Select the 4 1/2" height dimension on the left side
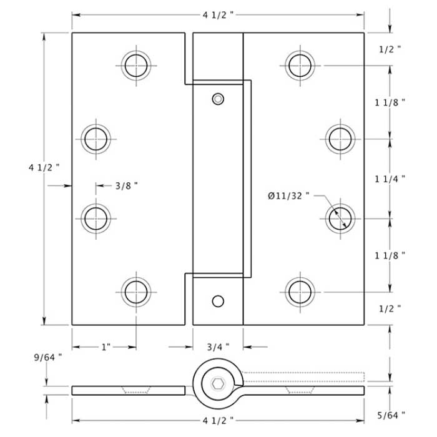click(44, 167)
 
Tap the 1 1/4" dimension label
click(391, 179)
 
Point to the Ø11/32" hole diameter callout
click(289, 196)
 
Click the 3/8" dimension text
click(126, 185)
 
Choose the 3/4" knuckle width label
click(218, 346)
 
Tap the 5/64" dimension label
click(391, 414)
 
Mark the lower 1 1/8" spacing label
click(391, 255)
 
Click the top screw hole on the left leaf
click(136, 64)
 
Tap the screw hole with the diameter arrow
click(340, 216)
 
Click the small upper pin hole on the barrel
click(217, 99)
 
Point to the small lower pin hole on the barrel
click(217, 301)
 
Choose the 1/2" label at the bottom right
click(390, 308)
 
